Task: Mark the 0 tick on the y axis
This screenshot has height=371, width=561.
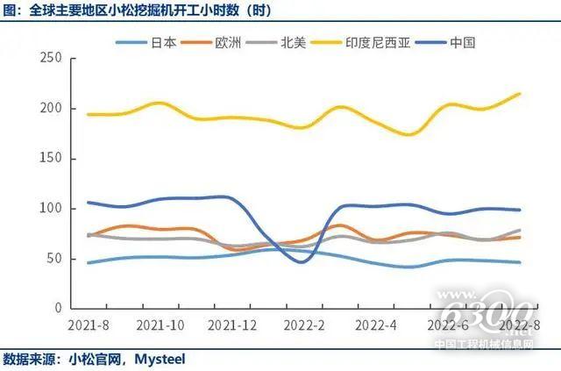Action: click(x=57, y=309)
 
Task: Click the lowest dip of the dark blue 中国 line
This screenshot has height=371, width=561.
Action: click(x=302, y=261)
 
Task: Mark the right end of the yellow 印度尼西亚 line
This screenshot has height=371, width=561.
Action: click(x=520, y=94)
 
